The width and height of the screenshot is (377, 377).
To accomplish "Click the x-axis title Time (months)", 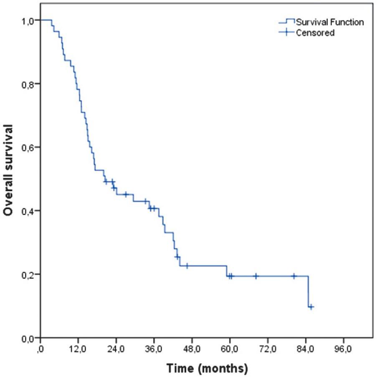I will [207, 368].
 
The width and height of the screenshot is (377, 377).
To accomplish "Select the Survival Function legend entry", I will [329, 22].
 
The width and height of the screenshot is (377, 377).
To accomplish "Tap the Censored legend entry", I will [315, 33].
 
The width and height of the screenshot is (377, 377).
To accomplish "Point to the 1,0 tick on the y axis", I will [28, 20].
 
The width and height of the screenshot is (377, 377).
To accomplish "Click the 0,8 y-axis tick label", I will [28, 83].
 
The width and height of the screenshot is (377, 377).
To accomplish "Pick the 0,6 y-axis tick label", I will [28, 147].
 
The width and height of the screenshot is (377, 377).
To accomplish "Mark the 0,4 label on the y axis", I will [28, 210].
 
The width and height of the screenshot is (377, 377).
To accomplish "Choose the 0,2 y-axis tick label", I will [28, 274].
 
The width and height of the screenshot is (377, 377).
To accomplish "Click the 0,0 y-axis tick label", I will [28, 338].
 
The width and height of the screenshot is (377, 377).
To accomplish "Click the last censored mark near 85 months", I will [311, 306].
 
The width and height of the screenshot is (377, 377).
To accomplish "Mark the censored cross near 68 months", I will [256, 276].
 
